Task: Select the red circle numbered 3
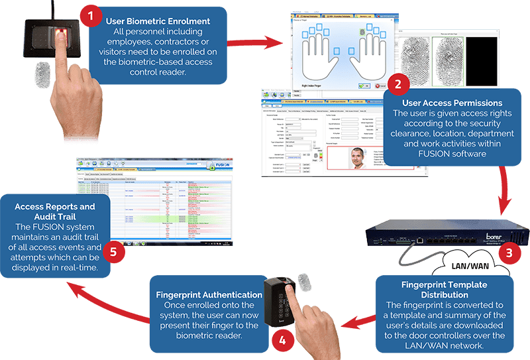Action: (509, 253)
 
